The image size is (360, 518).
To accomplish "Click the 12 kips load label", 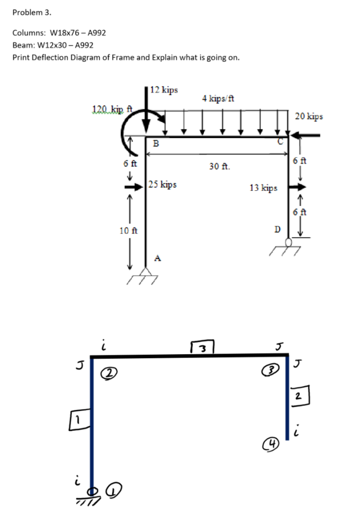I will (164, 90).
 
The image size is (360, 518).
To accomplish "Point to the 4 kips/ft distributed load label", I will (217, 98).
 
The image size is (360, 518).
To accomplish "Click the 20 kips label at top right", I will (308, 116).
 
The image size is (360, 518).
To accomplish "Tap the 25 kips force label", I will (163, 185).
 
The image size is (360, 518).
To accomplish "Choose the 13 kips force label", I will (263, 188).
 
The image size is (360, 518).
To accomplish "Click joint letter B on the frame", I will (156, 143).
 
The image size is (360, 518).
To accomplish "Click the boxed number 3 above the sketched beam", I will (202, 349).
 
